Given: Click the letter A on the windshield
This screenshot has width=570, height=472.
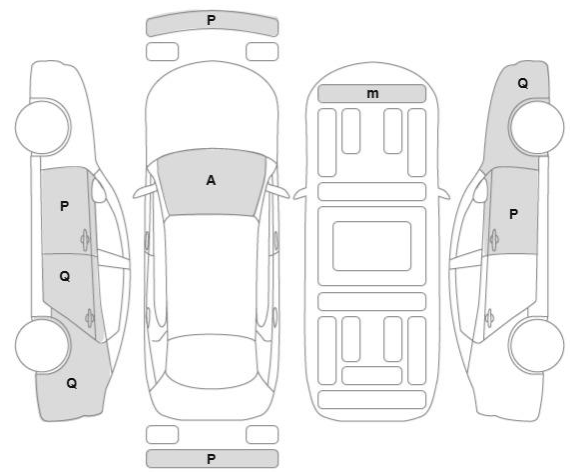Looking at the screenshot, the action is [211, 180].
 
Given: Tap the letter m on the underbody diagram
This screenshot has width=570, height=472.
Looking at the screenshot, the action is [372, 94].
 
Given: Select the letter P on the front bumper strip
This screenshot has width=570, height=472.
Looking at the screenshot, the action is [211, 20].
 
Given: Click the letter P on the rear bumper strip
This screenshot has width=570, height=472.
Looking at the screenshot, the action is [211, 459].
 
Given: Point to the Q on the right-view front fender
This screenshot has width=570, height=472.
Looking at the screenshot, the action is [523, 83].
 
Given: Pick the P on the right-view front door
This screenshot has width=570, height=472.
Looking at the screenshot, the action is [513, 214].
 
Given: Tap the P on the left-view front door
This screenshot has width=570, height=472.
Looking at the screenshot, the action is [64, 206].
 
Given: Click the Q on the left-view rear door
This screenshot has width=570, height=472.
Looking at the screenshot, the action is [65, 276].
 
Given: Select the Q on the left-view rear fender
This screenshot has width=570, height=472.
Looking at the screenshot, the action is [72, 383].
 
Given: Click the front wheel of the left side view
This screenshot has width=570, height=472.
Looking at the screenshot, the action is [43, 127].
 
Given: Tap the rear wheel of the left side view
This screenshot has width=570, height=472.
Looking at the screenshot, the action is [43, 345].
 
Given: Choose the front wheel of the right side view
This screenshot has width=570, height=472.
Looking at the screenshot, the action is [536, 127].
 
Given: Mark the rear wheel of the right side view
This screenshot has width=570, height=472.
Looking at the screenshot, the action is [536, 345].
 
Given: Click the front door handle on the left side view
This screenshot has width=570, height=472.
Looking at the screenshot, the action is [85, 240].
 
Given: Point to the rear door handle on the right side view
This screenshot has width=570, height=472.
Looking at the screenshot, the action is [489, 318].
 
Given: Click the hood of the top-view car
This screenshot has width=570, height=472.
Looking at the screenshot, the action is [212, 109].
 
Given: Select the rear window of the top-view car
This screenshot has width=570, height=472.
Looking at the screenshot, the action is [212, 361].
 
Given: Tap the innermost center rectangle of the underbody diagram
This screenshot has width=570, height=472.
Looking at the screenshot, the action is [372, 246].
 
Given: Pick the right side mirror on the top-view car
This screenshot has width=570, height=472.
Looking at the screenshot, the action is [279, 191].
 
